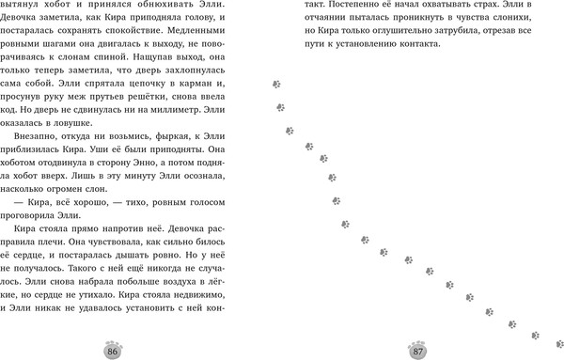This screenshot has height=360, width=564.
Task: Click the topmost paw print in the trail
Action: coord(276,84)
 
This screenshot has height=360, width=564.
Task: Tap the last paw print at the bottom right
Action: coord(535,333)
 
